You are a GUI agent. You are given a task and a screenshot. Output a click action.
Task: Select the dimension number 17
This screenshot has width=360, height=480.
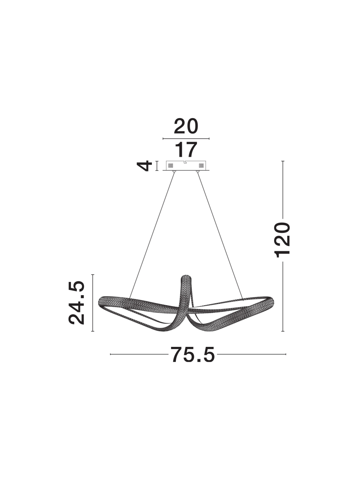186,150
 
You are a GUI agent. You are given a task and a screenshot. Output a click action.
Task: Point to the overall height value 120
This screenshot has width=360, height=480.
283,240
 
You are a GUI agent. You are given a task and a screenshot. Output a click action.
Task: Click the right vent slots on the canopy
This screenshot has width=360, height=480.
201,165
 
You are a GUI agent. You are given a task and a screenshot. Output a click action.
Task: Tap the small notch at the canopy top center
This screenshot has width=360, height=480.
186,162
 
